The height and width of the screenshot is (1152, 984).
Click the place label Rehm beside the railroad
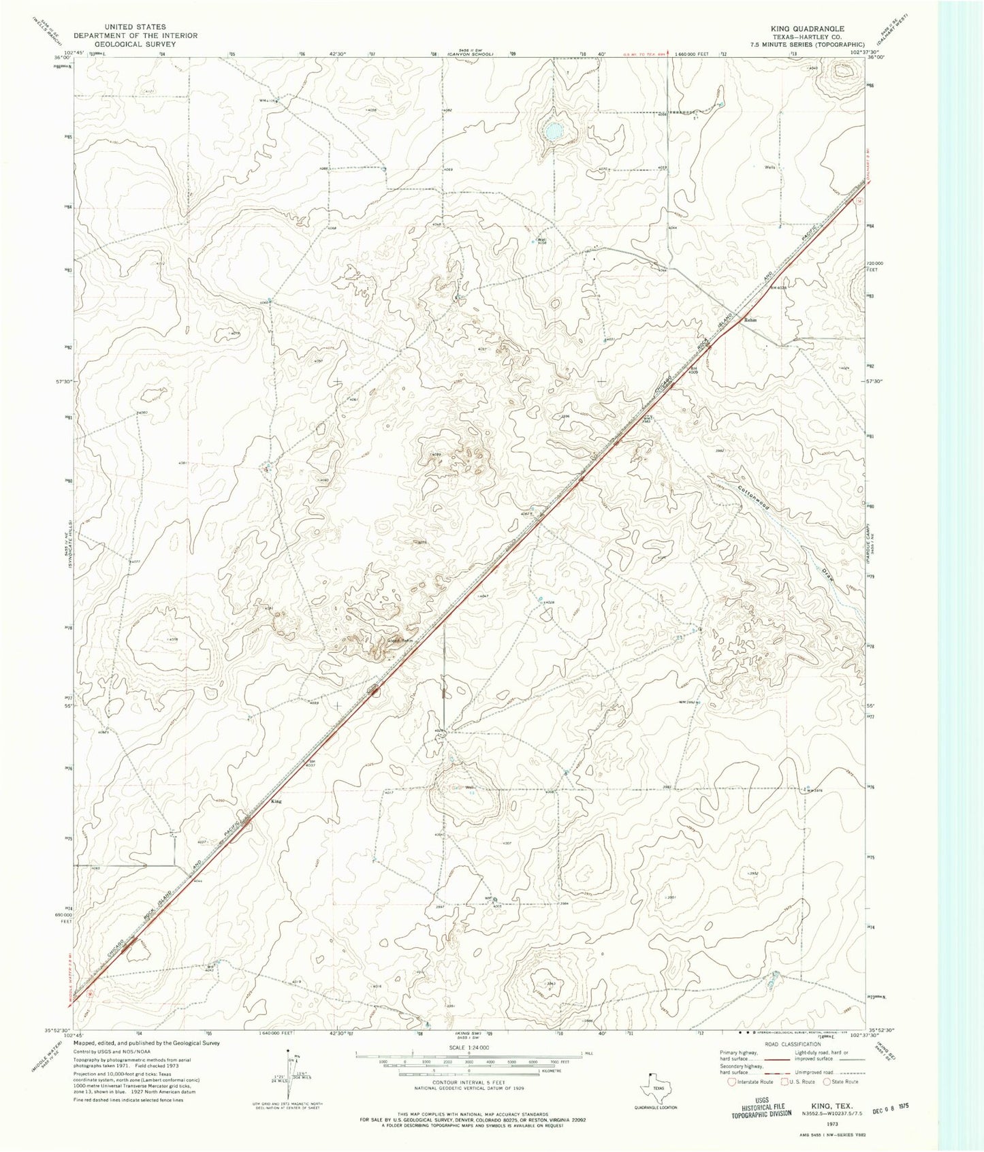(750, 319)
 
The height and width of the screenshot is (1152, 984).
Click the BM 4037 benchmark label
(311, 763)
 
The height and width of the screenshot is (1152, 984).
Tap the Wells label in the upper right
(770, 167)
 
